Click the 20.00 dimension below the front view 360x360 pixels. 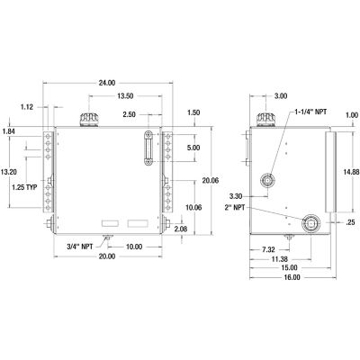coord(106,257)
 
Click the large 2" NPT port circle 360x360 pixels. coord(312,224)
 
